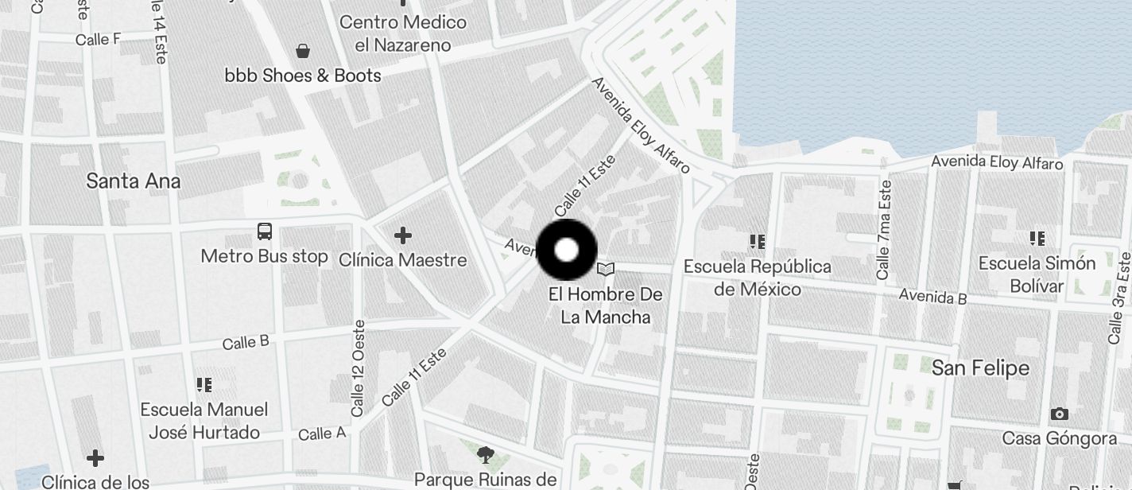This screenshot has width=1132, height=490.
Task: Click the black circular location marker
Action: (x=567, y=250)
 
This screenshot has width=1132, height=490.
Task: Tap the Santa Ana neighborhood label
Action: (x=133, y=181)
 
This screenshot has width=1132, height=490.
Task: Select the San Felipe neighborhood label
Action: (x=980, y=367)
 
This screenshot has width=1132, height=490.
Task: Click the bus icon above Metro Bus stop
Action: (x=265, y=231)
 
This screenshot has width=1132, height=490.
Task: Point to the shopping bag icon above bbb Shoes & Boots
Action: (x=303, y=52)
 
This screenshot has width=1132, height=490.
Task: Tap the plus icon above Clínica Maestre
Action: (x=403, y=235)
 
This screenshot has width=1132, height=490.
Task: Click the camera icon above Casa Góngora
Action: (x=1059, y=414)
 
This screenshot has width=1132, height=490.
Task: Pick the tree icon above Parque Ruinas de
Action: (x=485, y=455)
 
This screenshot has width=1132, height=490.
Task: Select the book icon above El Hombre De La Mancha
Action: (x=606, y=270)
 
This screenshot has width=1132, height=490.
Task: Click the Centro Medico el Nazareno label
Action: (x=403, y=33)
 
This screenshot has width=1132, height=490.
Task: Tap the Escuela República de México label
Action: (x=757, y=278)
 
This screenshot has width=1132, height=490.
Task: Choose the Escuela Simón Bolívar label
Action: (x=1037, y=274)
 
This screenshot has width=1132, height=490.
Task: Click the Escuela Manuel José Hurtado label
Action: (x=204, y=421)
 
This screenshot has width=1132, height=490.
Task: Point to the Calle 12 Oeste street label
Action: (x=359, y=367)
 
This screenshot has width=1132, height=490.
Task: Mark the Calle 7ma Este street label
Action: (x=883, y=229)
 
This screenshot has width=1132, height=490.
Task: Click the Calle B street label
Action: (x=246, y=343)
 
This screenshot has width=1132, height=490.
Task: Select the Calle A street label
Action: (x=322, y=434)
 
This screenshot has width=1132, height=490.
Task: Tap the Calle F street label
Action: (x=98, y=39)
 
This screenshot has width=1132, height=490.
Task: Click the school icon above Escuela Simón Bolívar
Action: (x=1037, y=238)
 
